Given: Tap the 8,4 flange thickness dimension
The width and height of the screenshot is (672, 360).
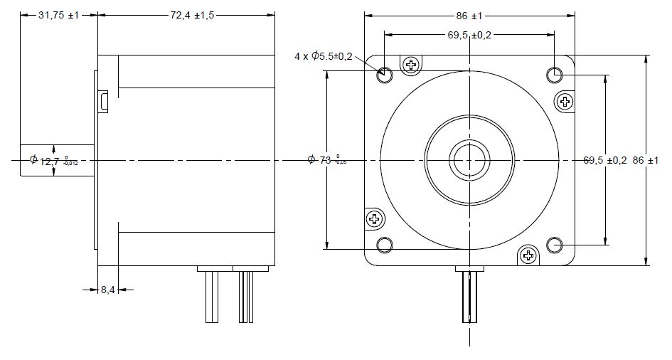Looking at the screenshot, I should [107, 290].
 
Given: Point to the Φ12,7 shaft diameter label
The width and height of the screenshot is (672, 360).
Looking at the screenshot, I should [53, 161].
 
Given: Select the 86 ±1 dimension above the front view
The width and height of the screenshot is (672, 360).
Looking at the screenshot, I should [469, 15].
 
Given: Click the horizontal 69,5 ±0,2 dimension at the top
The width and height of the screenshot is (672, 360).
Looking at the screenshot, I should [469, 34].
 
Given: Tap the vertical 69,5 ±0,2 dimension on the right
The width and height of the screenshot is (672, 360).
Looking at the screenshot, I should [604, 161].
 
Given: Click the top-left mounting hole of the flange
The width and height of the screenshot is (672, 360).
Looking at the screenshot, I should [384, 73].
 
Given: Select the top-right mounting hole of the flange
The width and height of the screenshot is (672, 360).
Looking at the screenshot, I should [555, 74].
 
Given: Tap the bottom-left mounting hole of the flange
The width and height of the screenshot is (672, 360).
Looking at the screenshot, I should [384, 245].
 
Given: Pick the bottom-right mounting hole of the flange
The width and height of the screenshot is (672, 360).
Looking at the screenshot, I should [555, 245].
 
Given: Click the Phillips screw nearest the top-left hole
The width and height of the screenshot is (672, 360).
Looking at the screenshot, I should [411, 65].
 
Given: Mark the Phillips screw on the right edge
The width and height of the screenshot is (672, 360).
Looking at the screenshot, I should [565, 101].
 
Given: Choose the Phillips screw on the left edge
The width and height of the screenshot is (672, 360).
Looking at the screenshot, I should [374, 218].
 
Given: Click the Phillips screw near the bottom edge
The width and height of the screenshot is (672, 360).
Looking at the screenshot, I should [528, 255].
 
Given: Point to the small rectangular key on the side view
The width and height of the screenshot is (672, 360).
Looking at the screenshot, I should [104, 101].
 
